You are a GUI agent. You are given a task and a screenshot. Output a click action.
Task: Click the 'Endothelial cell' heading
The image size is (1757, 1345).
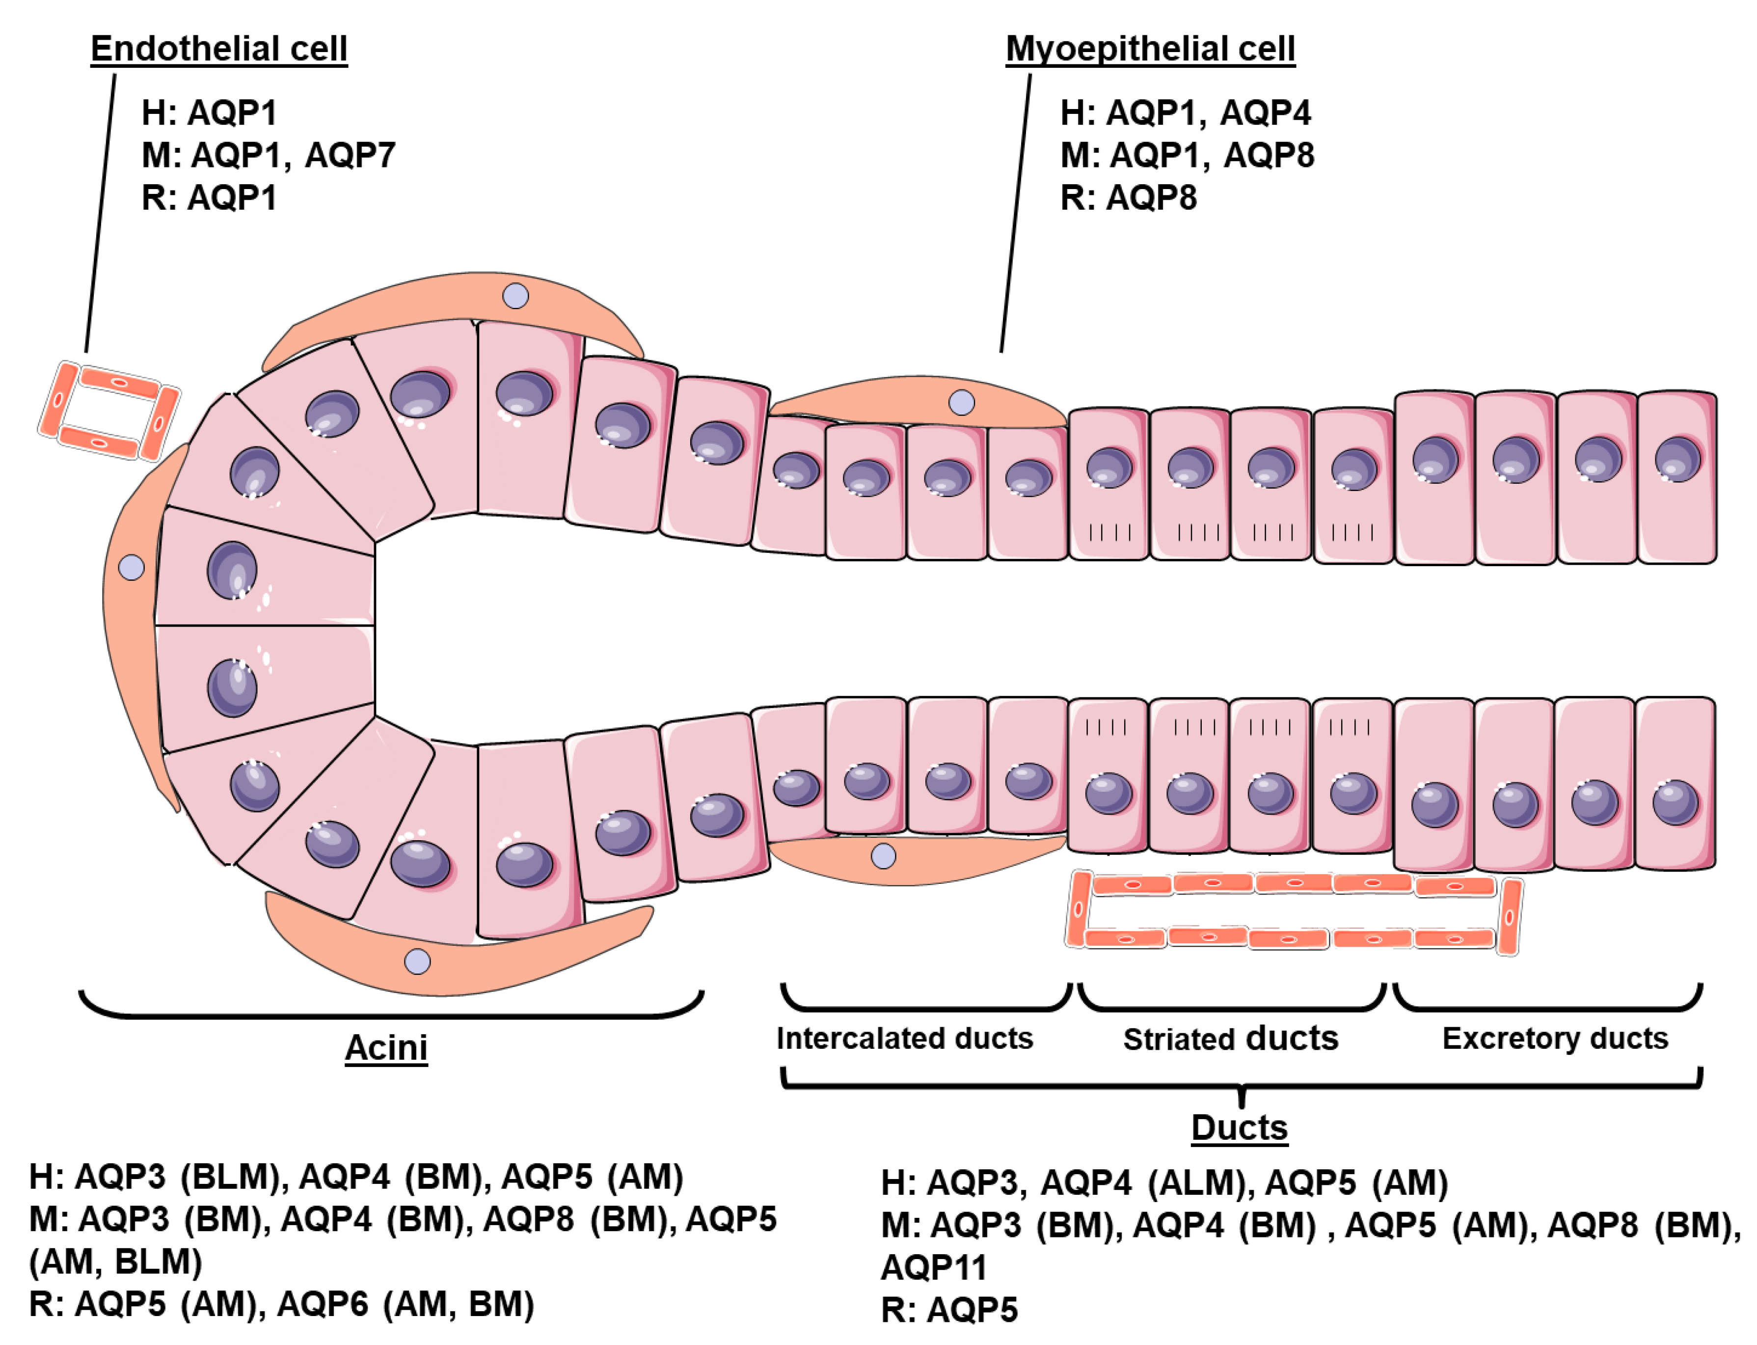218,49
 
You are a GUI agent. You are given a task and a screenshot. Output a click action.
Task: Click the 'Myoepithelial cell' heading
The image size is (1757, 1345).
1149,49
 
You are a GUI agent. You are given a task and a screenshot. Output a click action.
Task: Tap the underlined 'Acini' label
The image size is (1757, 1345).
386,1047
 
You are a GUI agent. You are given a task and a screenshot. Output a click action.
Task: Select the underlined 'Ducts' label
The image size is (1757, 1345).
1238,1127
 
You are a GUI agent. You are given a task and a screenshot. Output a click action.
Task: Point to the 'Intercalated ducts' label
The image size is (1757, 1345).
904,1039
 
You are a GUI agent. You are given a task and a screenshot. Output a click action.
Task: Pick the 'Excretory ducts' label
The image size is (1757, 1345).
1554,1039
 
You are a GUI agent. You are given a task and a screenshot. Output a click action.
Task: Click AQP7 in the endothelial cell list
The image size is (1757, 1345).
350,155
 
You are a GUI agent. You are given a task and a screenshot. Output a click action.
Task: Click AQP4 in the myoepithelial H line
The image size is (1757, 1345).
1265,113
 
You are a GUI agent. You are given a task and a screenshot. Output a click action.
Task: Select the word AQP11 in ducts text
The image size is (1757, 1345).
933,1267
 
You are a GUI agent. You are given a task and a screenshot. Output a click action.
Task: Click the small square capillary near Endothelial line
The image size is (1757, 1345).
109,411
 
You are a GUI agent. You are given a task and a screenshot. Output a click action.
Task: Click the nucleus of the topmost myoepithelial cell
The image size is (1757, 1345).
515,296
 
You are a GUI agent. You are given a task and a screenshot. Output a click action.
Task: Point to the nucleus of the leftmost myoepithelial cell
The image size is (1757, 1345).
131,568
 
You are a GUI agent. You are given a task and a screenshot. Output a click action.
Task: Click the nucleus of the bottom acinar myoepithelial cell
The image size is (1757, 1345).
417,961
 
